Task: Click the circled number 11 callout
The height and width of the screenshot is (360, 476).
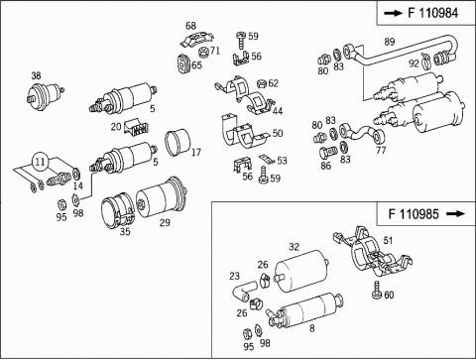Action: (x=40, y=162)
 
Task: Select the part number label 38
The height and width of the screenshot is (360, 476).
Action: (x=36, y=75)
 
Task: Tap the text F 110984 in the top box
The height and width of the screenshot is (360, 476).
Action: (x=432, y=13)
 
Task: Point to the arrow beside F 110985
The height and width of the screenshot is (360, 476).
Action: (x=455, y=214)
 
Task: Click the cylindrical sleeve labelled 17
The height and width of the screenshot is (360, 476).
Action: (x=178, y=143)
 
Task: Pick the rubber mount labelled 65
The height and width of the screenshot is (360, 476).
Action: (x=183, y=63)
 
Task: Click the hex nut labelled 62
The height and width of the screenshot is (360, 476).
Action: (x=261, y=83)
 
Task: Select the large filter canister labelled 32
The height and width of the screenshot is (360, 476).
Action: (x=300, y=271)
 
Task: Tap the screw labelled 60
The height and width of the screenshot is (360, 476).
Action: (x=377, y=291)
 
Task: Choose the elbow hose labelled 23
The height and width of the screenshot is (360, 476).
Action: (x=244, y=290)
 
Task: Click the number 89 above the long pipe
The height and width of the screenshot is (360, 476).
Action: (x=390, y=42)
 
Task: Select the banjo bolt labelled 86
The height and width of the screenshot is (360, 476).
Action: (x=327, y=153)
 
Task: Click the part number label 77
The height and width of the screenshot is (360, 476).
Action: (x=381, y=150)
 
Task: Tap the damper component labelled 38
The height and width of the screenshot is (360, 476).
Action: (x=45, y=94)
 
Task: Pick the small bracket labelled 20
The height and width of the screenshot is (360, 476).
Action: (x=137, y=128)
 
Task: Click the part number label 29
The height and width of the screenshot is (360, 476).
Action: (x=165, y=222)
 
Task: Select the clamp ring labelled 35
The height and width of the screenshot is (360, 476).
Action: (x=118, y=210)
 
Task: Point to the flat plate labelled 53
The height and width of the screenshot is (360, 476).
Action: (x=267, y=159)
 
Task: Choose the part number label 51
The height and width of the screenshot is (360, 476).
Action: (x=388, y=240)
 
